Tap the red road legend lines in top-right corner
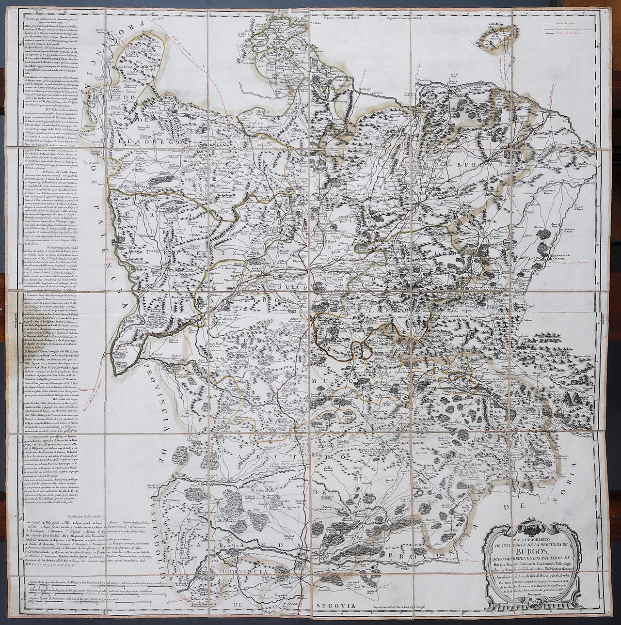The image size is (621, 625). tap(567, 29)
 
